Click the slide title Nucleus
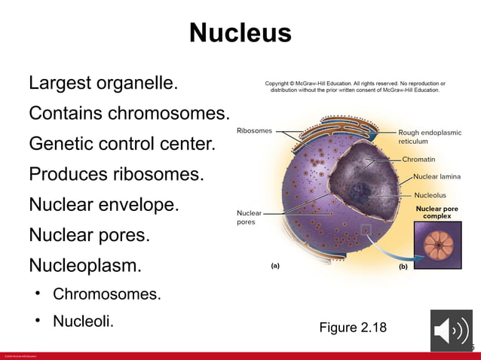click(240, 33)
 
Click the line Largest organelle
click(103, 83)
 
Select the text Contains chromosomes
click(128, 113)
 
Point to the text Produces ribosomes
click(116, 174)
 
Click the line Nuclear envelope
click(104, 204)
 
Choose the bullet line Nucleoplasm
click(85, 265)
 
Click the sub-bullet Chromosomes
click(106, 293)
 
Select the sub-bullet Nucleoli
click(83, 321)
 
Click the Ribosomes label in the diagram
click(254, 131)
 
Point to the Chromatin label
click(418, 160)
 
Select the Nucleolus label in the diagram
click(430, 195)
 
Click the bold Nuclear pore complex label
click(437, 212)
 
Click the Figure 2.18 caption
click(352, 327)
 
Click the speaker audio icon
click(451, 331)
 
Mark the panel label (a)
click(275, 266)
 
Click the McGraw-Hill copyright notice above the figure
click(354, 87)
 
